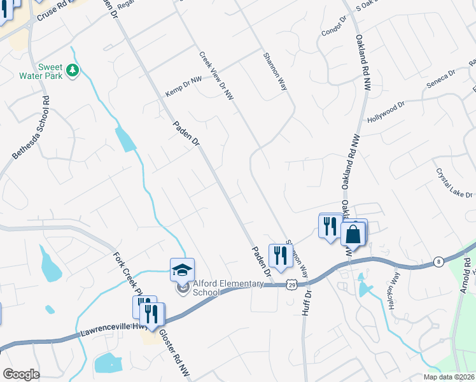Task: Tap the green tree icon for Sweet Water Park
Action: point(73,69)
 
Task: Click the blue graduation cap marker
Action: point(182,269)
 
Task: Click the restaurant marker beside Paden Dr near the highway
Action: point(280,255)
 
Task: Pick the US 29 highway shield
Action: point(290,284)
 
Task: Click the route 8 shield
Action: point(438,261)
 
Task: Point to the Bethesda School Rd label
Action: point(31,128)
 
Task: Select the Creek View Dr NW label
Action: point(217,76)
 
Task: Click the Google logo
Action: point(21,374)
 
